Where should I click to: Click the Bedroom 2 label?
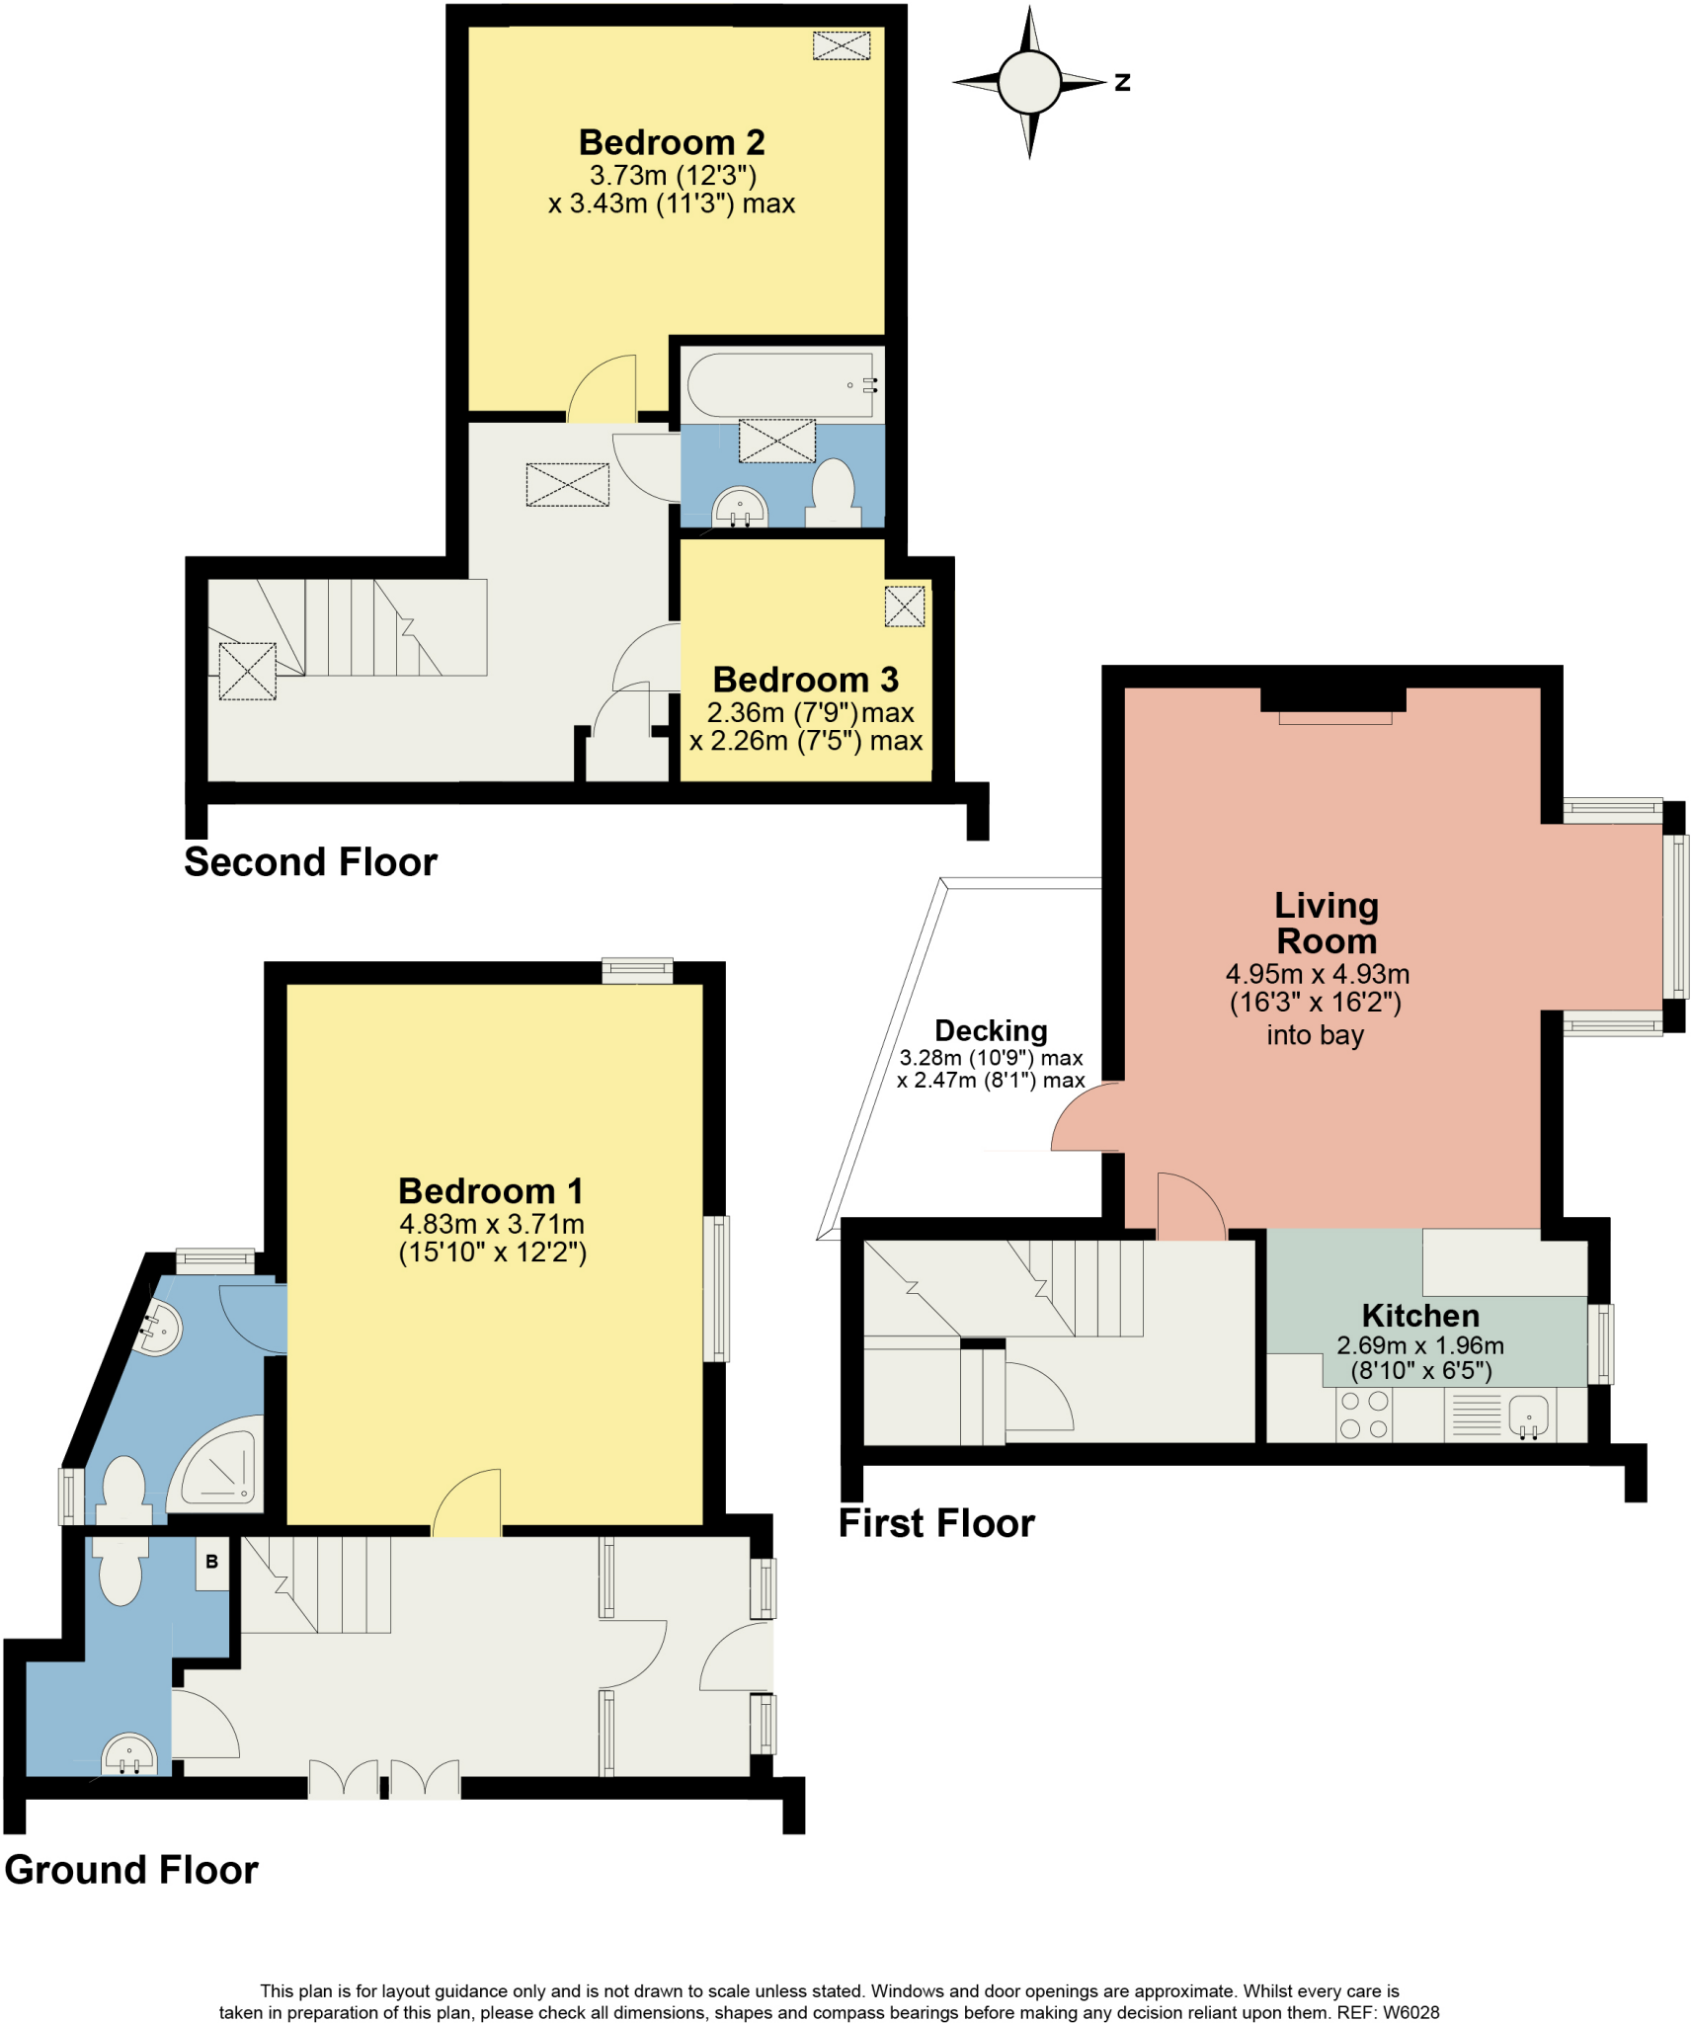[x=671, y=142]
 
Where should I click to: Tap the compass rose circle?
[x=1028, y=82]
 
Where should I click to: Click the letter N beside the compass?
[x=1122, y=83]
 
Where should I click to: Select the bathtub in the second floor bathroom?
[x=780, y=384]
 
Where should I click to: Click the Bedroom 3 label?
[x=805, y=680]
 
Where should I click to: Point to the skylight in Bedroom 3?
[x=904, y=607]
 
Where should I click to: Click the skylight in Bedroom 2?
[x=841, y=45]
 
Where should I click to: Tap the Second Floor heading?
[x=310, y=862]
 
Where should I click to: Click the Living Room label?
[x=1325, y=923]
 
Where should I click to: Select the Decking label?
[x=990, y=1030]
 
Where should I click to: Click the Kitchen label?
[x=1419, y=1316]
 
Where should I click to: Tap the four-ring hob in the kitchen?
[x=1364, y=1415]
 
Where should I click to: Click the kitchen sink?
[x=1527, y=1416]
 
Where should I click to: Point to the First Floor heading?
[x=935, y=1523]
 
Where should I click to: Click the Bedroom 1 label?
[x=490, y=1190]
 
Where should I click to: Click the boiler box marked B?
[x=211, y=1562]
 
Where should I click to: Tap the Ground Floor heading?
[x=131, y=1870]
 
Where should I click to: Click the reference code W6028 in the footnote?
[x=1410, y=2012]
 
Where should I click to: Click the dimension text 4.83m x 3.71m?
[x=492, y=1224]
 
